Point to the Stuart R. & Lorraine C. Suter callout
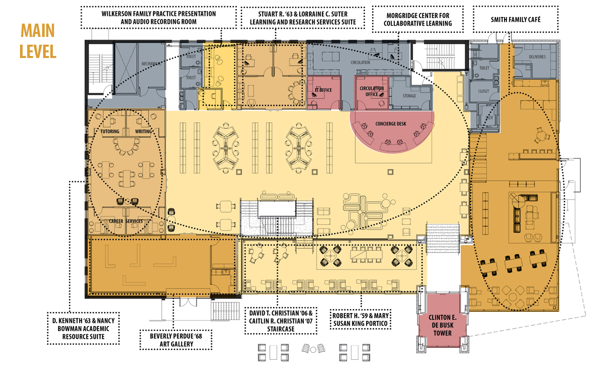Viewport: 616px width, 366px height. coord(300,17)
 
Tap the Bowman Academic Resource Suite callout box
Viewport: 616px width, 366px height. coord(84,328)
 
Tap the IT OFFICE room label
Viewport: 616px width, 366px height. coord(323,90)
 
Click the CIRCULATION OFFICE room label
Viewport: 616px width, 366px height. coord(372,91)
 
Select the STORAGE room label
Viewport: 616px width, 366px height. coord(409,95)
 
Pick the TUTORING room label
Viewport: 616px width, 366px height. coord(109,131)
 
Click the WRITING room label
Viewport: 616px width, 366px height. coord(143,131)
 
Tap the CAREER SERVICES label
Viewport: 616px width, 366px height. coord(126,221)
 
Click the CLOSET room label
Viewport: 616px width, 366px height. coord(483,91)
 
